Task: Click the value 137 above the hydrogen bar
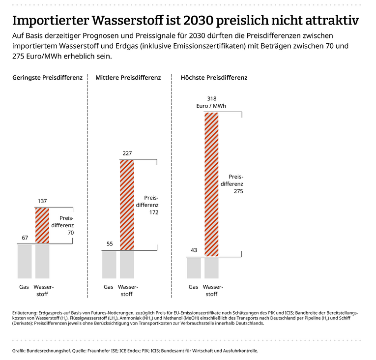pyautogui.click(x=43, y=201)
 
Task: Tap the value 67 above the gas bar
pyautogui.click(x=25, y=238)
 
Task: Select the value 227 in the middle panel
pyautogui.click(x=127, y=153)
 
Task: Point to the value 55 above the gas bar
pyautogui.click(x=109, y=244)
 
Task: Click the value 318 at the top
pyautogui.click(x=212, y=99)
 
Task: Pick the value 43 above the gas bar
pyautogui.click(x=194, y=250)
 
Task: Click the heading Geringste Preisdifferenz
pyautogui.click(x=48, y=78)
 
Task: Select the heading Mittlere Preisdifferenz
pyautogui.click(x=128, y=78)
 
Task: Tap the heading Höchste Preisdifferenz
pyautogui.click(x=214, y=78)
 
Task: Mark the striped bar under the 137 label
pyautogui.click(x=43, y=226)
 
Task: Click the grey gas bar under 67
pyautogui.click(x=25, y=261)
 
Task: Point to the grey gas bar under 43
pyautogui.click(x=194, y=268)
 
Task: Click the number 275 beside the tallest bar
pyautogui.click(x=238, y=191)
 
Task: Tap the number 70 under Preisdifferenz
pyautogui.click(x=70, y=233)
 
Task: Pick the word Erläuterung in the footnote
pyautogui.click(x=25, y=312)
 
